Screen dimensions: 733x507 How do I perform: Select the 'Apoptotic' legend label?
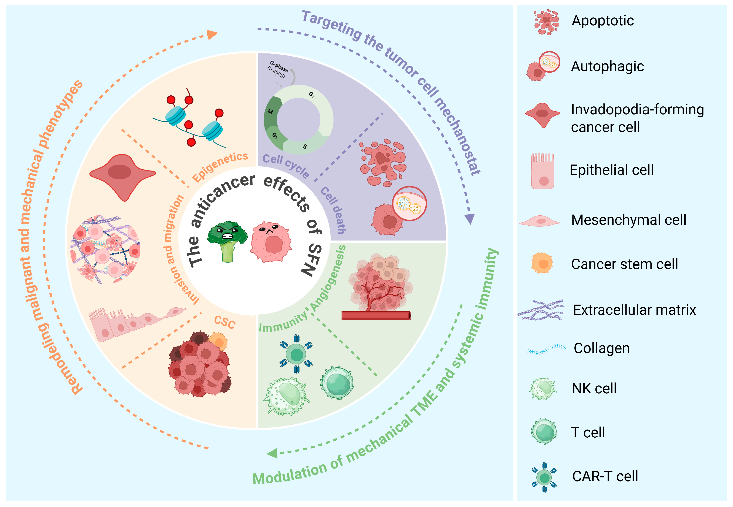603,21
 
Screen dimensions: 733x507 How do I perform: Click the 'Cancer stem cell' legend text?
625,264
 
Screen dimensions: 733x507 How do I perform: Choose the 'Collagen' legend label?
602,348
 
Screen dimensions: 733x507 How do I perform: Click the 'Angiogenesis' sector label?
328,278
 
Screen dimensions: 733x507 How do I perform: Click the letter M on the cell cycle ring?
270,112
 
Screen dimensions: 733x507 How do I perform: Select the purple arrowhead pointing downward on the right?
469,219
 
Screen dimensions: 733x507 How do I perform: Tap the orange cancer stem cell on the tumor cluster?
218,341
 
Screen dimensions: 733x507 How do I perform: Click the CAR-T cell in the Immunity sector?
296,354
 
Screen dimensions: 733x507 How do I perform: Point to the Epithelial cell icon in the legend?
543,171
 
